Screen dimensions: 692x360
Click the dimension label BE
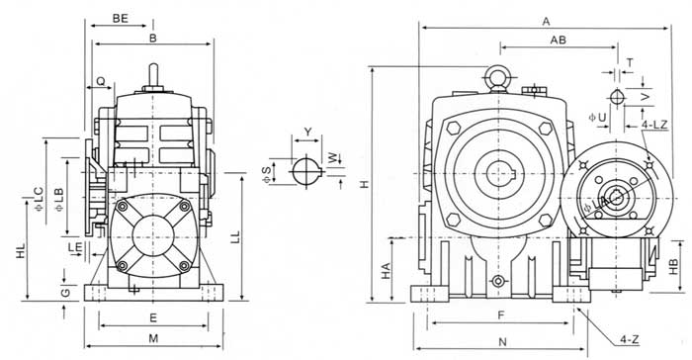120,18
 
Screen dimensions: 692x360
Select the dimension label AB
558,40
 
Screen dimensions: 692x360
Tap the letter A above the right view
547,21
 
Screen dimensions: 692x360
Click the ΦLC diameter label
39,199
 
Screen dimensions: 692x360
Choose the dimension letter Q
101,81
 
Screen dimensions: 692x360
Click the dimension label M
153,338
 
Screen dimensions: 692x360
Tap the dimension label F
500,315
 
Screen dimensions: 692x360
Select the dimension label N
502,341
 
